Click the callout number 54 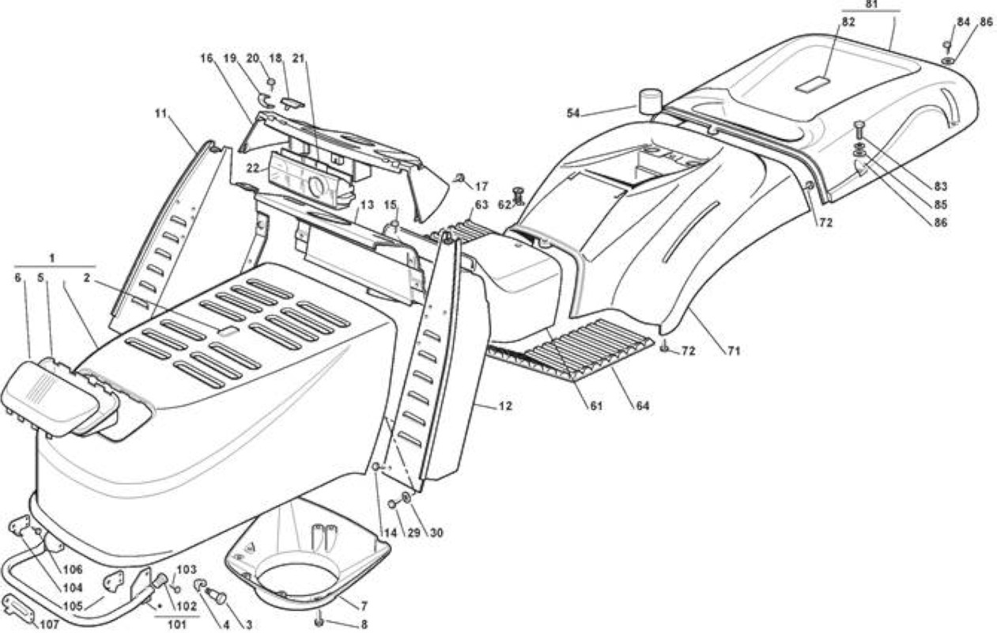coord(573,114)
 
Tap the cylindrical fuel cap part coord(651,102)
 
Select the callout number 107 coord(49,624)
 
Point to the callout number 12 coord(506,406)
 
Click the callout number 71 coord(734,351)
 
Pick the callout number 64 coord(643,405)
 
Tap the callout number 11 coord(161,114)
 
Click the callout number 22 coord(253,168)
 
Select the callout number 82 coord(848,22)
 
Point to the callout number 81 coord(871,4)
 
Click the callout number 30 coord(436,533)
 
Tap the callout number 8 coord(364,624)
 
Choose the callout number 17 coord(482,186)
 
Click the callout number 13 coord(367,206)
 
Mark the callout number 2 coord(87,278)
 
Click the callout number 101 coord(176,624)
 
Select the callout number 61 coord(595,405)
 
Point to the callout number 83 coord(941,186)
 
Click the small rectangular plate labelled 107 coord(19,610)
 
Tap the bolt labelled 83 coord(859,130)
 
